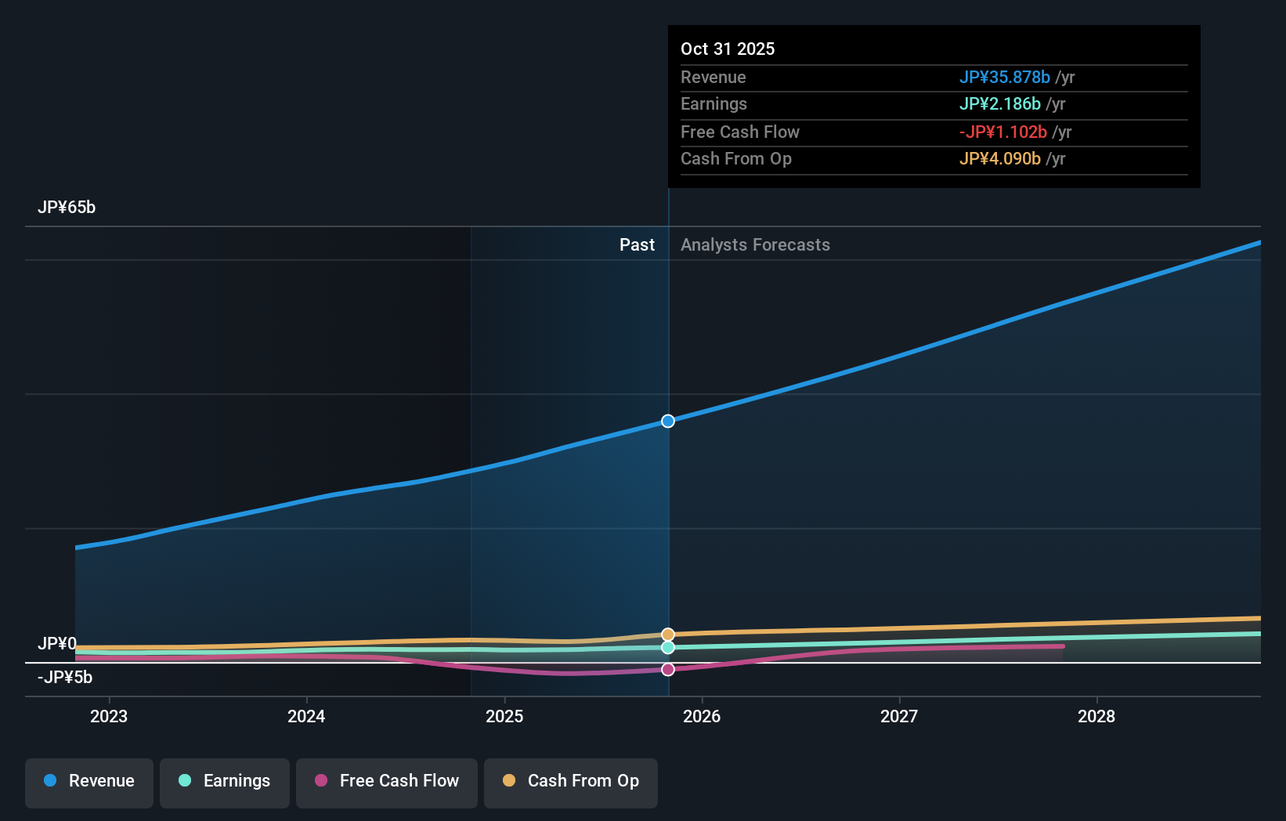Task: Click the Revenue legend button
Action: pos(89,782)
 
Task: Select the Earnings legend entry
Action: pos(225,782)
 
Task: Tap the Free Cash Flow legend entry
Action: pos(387,782)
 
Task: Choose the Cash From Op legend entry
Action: pos(571,782)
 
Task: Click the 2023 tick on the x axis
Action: pos(109,717)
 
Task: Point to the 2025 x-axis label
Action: pos(504,717)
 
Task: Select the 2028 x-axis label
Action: pos(1096,717)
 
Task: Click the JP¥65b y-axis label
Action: pos(67,208)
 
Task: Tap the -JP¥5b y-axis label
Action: pos(65,678)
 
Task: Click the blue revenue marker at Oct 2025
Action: pos(668,421)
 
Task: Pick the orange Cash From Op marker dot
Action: pos(668,635)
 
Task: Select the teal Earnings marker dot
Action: pos(668,648)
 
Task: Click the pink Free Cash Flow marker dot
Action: pos(668,670)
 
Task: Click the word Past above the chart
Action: pos(637,245)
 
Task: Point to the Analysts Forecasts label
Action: pos(755,245)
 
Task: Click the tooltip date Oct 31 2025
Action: pos(728,49)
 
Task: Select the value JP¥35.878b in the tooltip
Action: pos(1004,78)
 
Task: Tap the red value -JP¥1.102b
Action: pos(1002,132)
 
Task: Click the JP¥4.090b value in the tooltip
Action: pos(999,159)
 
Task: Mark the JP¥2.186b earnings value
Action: pos(999,104)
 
